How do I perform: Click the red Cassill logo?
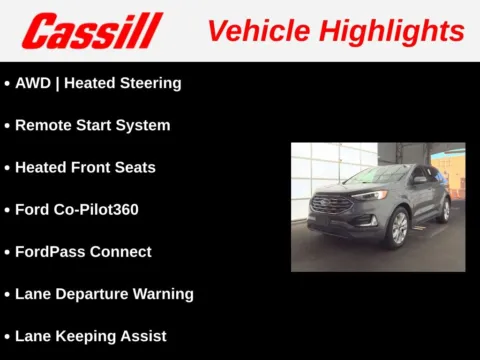(91, 31)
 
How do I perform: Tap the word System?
(143, 125)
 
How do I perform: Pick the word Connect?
(121, 251)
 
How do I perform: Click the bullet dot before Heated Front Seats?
(7, 168)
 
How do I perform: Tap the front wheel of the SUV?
(398, 229)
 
